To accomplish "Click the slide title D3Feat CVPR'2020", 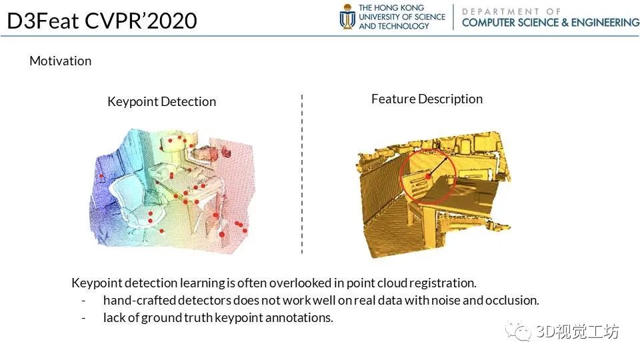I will click(102, 21).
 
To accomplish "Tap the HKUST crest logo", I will click(347, 17).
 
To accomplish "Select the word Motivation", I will click(60, 61).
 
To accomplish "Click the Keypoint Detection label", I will click(161, 101).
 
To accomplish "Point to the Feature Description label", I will click(427, 99).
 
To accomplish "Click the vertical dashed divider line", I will click(302, 173).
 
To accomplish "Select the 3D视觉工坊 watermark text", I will click(577, 331).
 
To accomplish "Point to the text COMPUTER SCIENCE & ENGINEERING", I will click(550, 23).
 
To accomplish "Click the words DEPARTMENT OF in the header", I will click(512, 11).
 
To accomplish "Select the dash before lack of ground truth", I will click(84, 318).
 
